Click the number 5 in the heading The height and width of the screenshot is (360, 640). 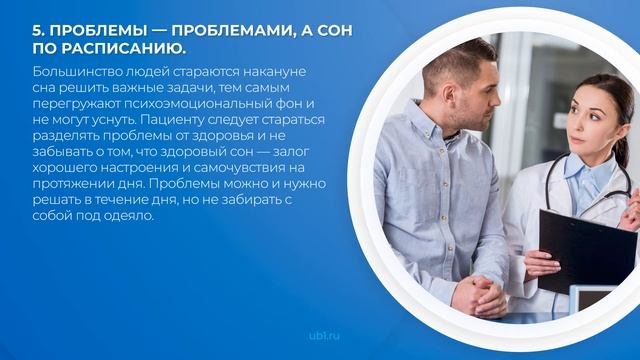pos(37,30)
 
